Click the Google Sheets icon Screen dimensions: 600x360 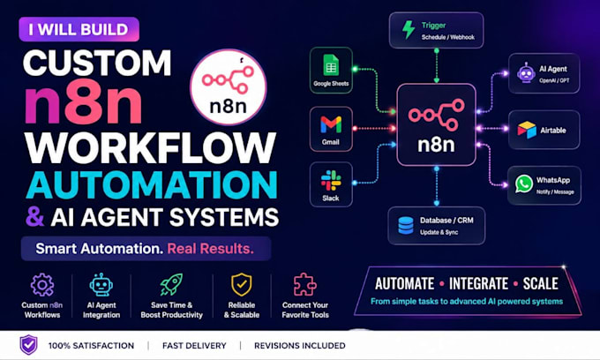coord(331,64)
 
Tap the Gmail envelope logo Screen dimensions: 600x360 coord(331,125)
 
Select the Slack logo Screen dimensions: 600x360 coord(331,181)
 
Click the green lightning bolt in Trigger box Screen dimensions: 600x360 coord(409,29)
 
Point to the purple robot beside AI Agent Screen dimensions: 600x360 coord(526,72)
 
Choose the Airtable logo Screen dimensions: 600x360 coord(527,130)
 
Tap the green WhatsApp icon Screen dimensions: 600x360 coord(523,184)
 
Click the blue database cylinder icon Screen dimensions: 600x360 coord(406,225)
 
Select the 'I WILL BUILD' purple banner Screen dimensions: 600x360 coord(79,29)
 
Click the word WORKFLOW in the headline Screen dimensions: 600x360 coord(150,148)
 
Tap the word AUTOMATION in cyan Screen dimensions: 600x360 coord(152,184)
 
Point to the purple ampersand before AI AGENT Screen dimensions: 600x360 coord(35,216)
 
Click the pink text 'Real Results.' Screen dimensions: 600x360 coord(211,249)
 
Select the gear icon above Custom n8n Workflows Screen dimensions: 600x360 coord(42,285)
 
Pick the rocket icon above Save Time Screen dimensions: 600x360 coord(171,284)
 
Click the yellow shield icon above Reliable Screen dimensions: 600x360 coord(242,284)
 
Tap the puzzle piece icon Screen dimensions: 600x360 coord(305,284)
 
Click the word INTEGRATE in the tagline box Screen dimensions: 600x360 coord(479,284)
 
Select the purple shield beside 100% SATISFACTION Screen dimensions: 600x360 coord(29,345)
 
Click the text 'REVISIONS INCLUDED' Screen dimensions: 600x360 coord(300,346)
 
